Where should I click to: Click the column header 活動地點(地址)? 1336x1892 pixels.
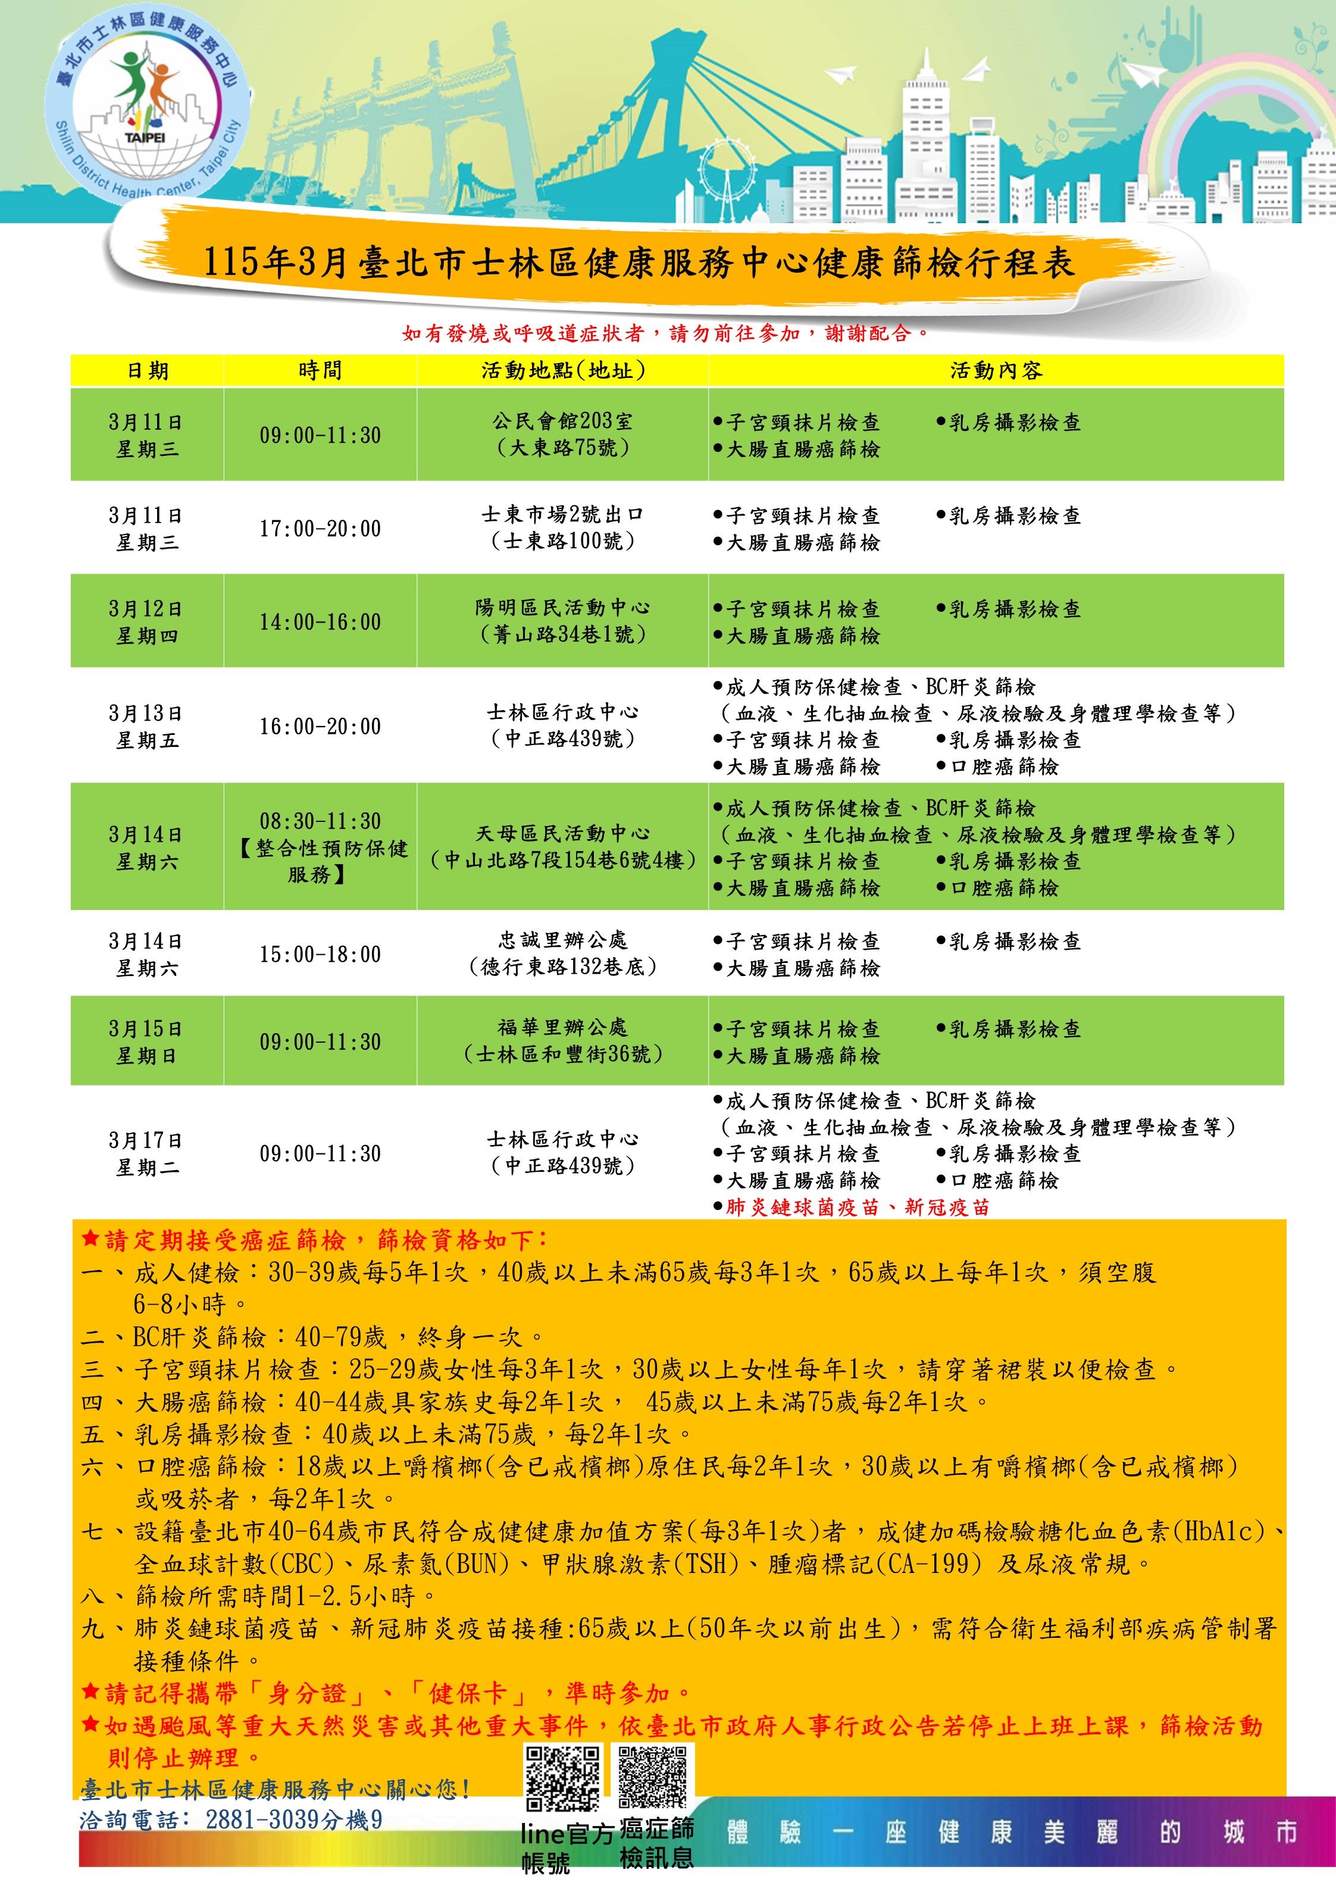coord(563,371)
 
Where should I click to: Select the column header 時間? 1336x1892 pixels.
coord(320,371)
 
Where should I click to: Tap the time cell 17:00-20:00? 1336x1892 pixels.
coord(320,528)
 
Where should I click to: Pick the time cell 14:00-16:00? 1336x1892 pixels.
coord(320,621)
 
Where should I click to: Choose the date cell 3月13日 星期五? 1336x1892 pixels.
coord(147,726)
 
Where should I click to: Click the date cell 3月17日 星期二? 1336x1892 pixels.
coord(147,1153)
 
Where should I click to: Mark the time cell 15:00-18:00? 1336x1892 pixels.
coord(320,954)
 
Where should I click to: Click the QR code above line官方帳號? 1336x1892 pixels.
coord(563,1778)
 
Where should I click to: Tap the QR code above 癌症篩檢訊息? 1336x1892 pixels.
coord(653,1776)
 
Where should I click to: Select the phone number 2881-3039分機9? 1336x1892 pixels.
coord(293,1819)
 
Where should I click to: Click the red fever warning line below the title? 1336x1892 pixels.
coord(666,333)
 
